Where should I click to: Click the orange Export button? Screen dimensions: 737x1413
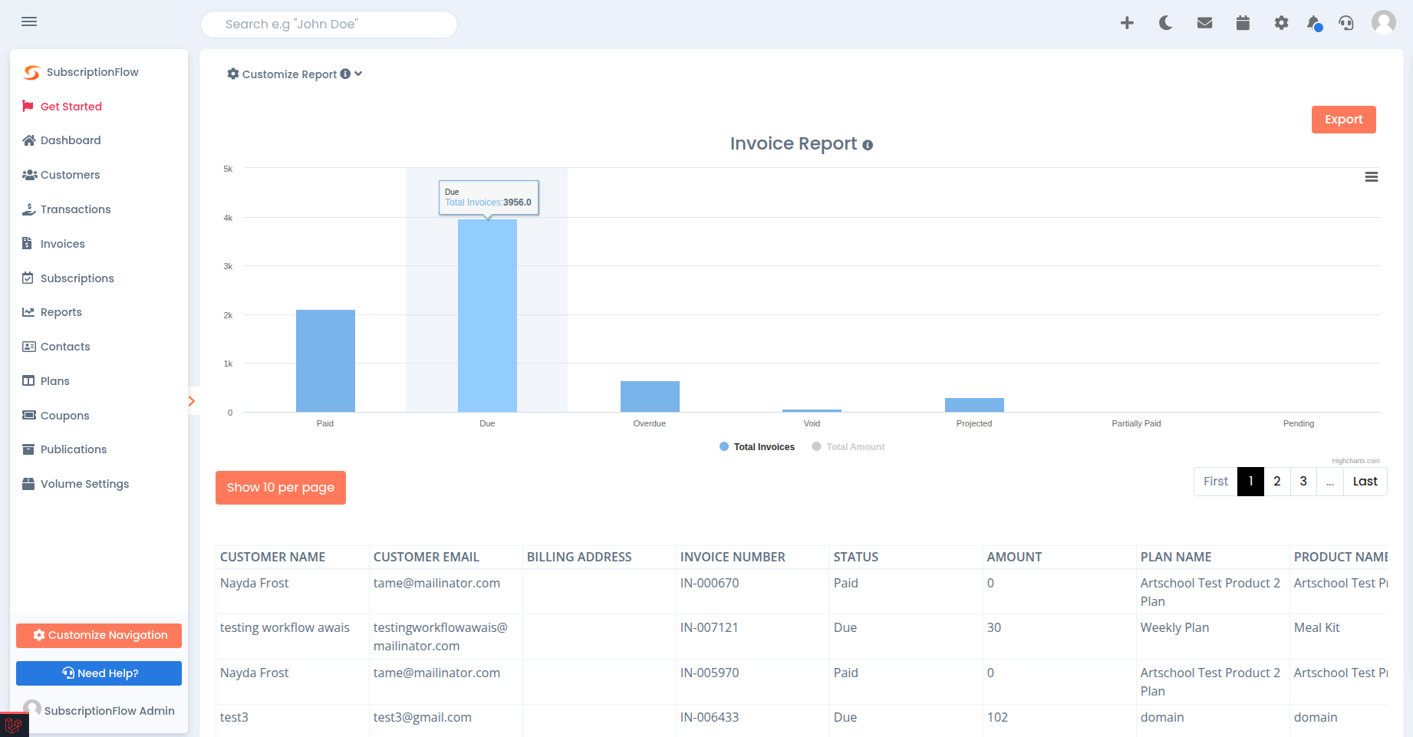pyautogui.click(x=1343, y=120)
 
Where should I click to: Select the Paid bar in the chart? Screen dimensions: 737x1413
pyautogui.click(x=325, y=360)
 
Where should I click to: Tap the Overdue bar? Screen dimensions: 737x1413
pyautogui.click(x=650, y=396)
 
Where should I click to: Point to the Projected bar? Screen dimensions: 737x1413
pyautogui.click(x=974, y=405)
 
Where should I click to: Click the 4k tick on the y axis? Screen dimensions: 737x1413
pyautogui.click(x=228, y=218)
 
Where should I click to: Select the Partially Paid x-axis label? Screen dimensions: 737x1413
pyautogui.click(x=1136, y=423)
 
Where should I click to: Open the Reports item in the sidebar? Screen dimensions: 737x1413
pyautogui.click(x=61, y=312)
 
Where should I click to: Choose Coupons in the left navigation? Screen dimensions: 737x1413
pyautogui.click(x=64, y=416)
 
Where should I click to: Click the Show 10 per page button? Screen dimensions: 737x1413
pyautogui.click(x=281, y=488)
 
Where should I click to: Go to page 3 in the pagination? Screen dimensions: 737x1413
pyautogui.click(x=1303, y=482)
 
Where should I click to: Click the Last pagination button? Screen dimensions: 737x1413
pyautogui.click(x=1365, y=482)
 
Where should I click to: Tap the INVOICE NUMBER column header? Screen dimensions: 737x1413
pyautogui.click(x=733, y=558)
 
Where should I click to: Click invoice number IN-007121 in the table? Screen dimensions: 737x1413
pyautogui.click(x=709, y=627)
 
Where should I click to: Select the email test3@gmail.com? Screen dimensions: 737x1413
pyautogui.click(x=422, y=717)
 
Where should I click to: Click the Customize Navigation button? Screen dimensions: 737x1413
pyautogui.click(x=99, y=635)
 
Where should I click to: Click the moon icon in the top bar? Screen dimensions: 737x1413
pyautogui.click(x=1165, y=23)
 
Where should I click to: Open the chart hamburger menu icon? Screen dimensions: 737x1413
pyautogui.click(x=1372, y=177)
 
